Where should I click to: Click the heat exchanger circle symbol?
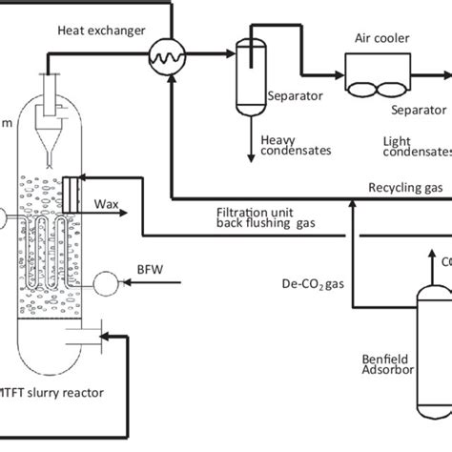170,59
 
